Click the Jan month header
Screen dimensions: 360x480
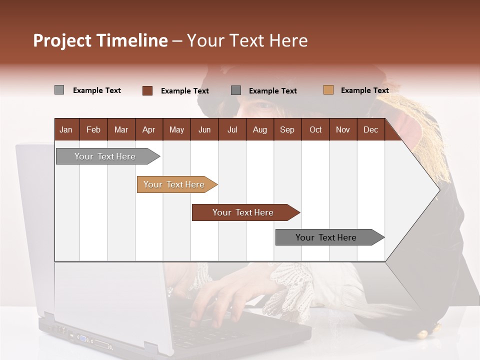click(x=66, y=130)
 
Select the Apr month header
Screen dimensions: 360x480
click(x=148, y=130)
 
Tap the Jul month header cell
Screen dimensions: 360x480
click(x=232, y=130)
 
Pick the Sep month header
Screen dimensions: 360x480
click(x=287, y=130)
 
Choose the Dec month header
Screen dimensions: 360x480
click(x=370, y=130)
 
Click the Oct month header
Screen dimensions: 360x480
click(x=315, y=130)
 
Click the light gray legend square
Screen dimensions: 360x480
click(x=59, y=90)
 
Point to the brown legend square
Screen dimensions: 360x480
click(x=147, y=90)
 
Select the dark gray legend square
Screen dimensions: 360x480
click(x=236, y=90)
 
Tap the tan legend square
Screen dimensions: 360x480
click(x=328, y=90)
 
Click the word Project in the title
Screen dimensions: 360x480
click(x=62, y=40)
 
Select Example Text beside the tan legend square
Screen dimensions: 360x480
click(x=364, y=90)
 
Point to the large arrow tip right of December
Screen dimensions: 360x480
click(x=425, y=190)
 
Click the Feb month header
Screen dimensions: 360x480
click(x=93, y=130)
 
